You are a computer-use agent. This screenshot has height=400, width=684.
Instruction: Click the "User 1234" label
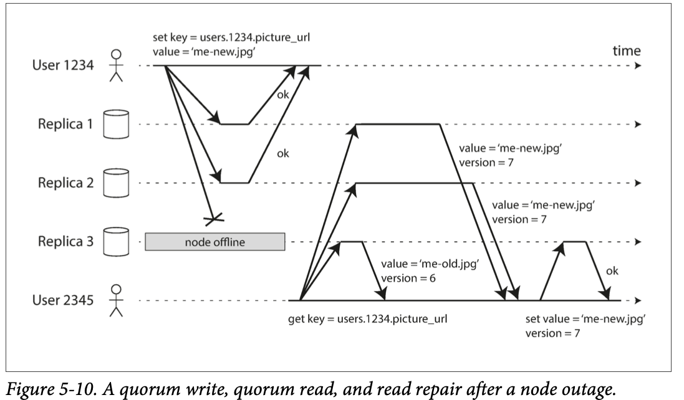pos(63,65)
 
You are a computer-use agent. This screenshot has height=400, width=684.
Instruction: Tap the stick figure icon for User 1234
pos(116,66)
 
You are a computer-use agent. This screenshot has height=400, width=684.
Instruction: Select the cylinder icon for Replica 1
pos(116,124)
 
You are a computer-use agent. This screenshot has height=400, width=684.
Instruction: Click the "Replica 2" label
pos(66,183)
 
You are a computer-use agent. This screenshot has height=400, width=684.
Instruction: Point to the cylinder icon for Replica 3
pos(116,241)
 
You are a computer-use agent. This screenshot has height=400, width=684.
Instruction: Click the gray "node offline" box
pos(215,242)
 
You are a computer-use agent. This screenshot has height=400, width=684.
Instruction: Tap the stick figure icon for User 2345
pos(116,301)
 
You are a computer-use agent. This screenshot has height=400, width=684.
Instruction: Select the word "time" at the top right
pos(627,51)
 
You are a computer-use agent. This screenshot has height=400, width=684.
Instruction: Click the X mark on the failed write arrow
pos(214,219)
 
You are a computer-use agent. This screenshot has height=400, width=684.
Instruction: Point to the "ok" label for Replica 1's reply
pos(282,95)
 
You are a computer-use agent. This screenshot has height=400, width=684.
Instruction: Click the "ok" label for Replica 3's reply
pos(612,271)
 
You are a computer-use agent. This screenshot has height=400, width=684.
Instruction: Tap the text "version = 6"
pos(408,278)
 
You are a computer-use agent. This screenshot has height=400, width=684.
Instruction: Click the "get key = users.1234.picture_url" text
pos(368,319)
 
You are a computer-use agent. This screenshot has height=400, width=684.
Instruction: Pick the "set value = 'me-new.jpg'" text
pos(585,319)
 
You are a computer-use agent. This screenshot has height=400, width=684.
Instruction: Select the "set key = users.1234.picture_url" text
pos(231,37)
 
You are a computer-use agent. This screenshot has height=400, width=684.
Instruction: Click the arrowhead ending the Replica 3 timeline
pos(638,242)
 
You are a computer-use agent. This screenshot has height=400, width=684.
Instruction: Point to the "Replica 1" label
pos(65,124)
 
